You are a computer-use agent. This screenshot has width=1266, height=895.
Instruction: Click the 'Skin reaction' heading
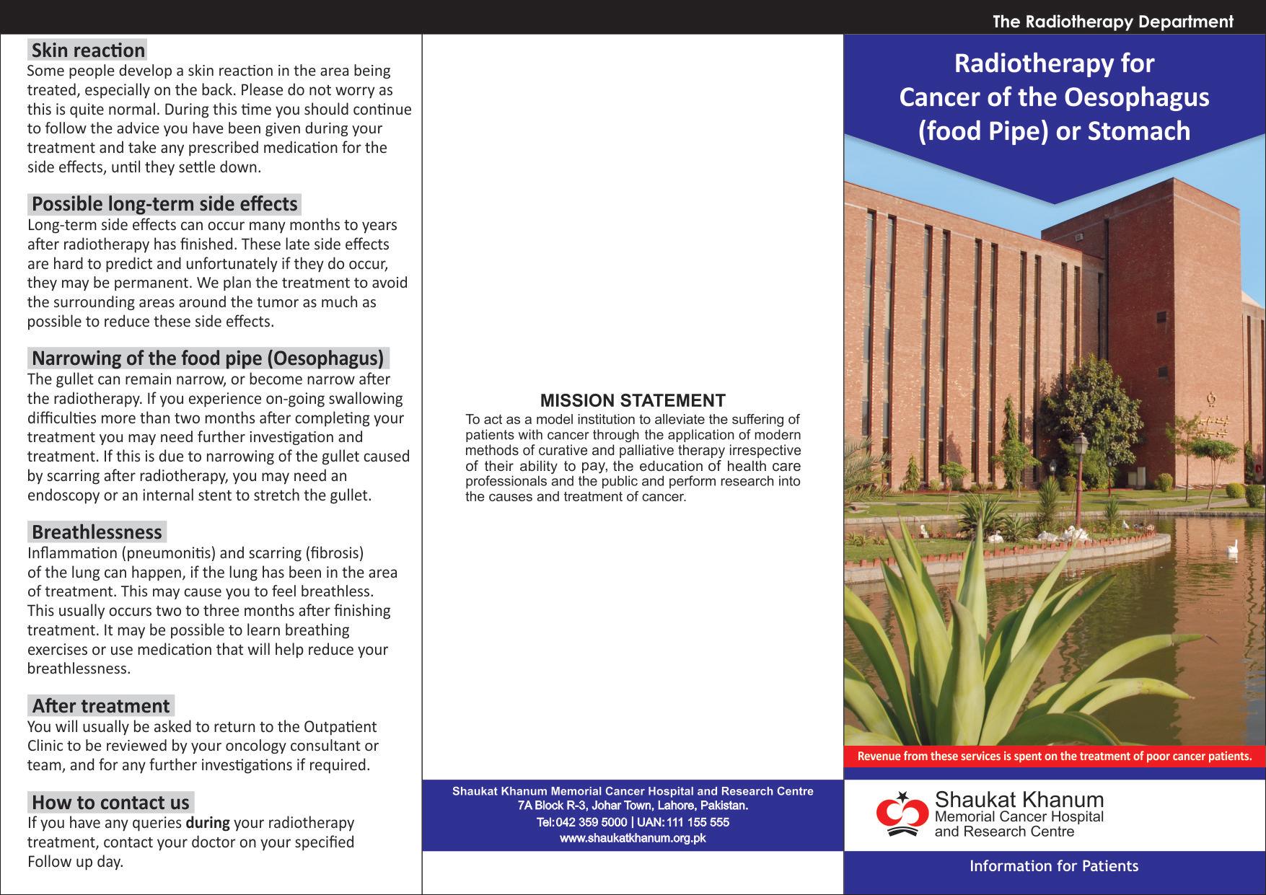(88, 50)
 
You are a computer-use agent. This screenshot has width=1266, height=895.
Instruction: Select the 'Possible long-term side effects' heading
(164, 204)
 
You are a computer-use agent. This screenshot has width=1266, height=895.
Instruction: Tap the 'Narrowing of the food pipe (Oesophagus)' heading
(208, 358)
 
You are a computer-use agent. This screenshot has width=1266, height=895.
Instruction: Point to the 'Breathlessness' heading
(97, 532)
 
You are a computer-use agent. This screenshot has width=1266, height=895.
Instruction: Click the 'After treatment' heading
(101, 706)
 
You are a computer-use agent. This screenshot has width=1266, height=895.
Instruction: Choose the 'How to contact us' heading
(110, 803)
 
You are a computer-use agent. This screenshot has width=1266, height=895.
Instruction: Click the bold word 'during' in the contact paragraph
(208, 823)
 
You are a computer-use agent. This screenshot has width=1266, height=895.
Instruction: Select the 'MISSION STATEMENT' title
(633, 401)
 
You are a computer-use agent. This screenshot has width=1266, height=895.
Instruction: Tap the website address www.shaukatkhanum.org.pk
(633, 838)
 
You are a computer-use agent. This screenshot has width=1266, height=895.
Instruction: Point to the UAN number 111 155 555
(698, 822)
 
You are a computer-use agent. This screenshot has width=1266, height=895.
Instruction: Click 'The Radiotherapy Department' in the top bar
(1112, 22)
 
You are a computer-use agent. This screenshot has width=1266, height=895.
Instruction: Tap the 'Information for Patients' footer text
(1054, 866)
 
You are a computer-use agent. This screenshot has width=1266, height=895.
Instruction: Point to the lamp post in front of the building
(1081, 462)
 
